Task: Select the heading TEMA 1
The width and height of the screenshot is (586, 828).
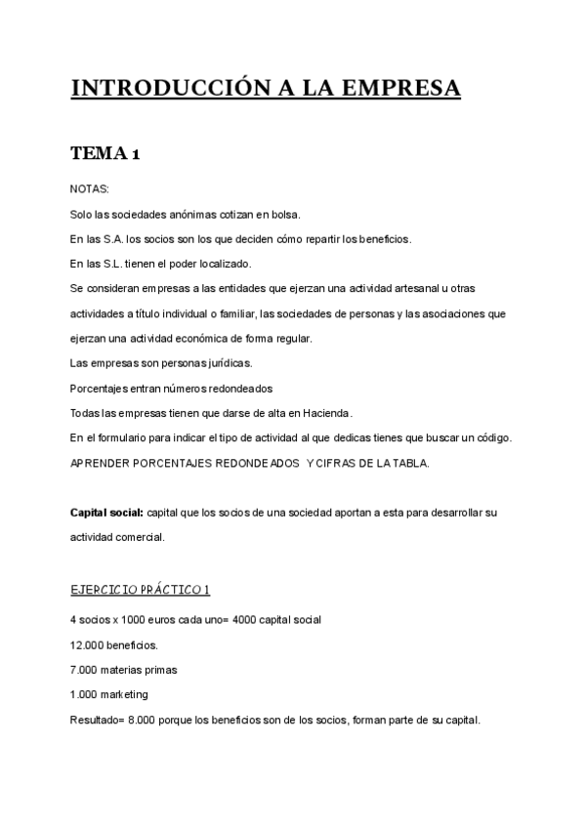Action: (x=106, y=153)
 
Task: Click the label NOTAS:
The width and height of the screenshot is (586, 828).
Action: (x=90, y=189)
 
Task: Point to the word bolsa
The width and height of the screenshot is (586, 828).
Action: (x=283, y=214)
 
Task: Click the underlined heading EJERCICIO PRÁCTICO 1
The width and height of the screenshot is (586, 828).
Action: (x=140, y=590)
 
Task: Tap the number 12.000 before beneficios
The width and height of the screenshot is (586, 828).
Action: (x=89, y=645)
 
